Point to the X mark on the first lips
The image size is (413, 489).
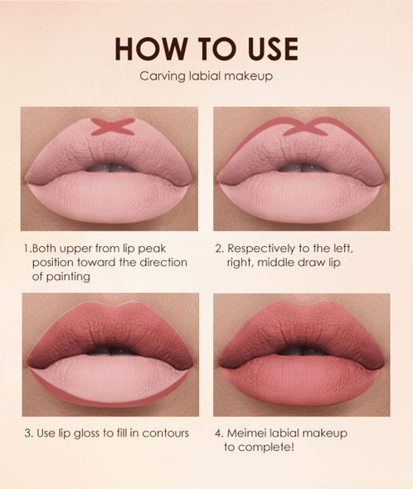[x=113, y=127]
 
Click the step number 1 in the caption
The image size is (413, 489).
[x=27, y=247]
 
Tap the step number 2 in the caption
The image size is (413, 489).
[x=219, y=247]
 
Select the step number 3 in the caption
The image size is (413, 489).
[x=27, y=433]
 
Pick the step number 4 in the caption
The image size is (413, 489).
[x=219, y=433]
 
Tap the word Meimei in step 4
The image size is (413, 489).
[x=250, y=433]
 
